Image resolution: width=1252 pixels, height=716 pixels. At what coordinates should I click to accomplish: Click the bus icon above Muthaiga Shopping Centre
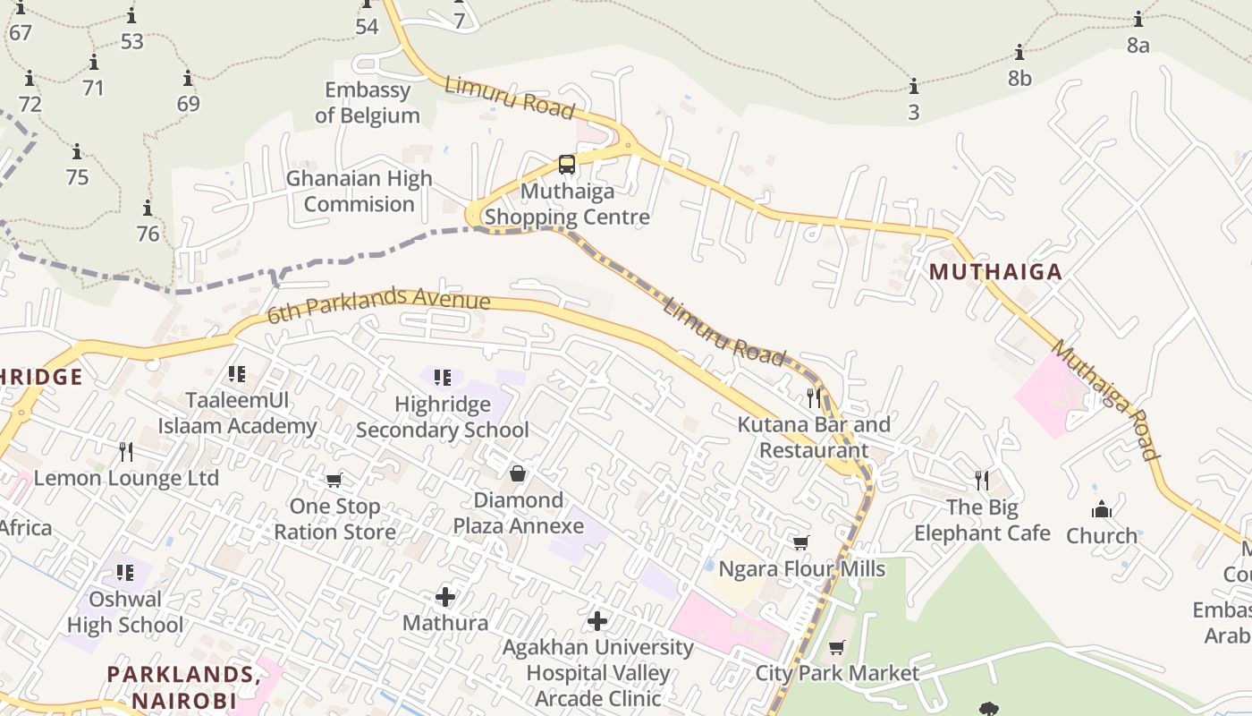[x=567, y=165]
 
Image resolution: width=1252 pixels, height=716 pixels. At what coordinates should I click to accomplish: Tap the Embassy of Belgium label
[x=368, y=103]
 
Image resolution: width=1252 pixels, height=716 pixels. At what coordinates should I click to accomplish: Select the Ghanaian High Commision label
[x=359, y=192]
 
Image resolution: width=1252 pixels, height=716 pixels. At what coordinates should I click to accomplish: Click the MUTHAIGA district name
[x=995, y=272]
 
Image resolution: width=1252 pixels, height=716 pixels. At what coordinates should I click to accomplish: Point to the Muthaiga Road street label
[x=1105, y=399]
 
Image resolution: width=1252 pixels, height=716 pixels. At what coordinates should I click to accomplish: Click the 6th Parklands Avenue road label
[x=379, y=305]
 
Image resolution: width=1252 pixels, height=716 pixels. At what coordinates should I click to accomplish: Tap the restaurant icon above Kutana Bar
[x=813, y=397]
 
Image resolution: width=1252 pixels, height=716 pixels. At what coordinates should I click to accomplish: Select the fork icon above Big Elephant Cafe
[x=982, y=481]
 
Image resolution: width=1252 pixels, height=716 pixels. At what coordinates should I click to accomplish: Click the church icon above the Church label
[x=1102, y=509]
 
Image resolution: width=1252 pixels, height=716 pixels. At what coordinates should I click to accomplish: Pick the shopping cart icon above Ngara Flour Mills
[x=801, y=543]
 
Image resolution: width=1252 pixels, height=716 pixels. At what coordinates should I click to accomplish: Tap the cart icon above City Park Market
[x=837, y=647]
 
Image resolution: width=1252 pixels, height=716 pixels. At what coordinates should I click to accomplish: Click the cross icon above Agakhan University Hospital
[x=597, y=620]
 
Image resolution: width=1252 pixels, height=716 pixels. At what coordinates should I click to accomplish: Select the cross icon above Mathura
[x=445, y=596]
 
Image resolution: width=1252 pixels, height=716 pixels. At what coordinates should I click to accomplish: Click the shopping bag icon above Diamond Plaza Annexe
[x=518, y=473]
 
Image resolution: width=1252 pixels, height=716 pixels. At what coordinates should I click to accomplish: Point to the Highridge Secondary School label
[x=443, y=417]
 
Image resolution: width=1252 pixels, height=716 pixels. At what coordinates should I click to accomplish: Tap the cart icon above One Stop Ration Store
[x=334, y=481]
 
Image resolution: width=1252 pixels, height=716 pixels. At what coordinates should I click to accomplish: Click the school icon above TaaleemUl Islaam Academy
[x=237, y=374]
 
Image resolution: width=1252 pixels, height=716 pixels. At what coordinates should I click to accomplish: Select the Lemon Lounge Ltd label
[x=126, y=478]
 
